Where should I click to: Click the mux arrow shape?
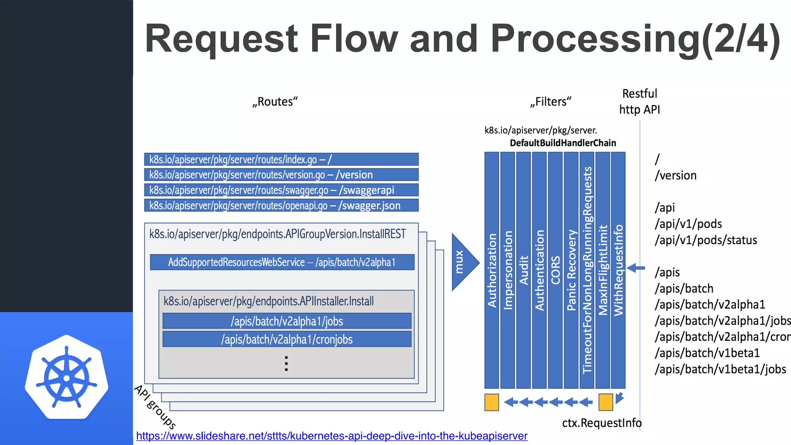(464, 262)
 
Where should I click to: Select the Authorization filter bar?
(492, 270)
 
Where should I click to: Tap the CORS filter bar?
(555, 270)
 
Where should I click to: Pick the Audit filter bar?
(523, 270)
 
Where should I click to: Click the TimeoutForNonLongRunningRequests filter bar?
(587, 270)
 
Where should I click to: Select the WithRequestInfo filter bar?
(618, 270)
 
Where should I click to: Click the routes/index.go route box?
(281, 160)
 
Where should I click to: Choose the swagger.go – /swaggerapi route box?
(281, 190)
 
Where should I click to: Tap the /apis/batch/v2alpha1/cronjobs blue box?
(287, 340)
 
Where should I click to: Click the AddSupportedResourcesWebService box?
(282, 262)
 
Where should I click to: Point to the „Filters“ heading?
(550, 102)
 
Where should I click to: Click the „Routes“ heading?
(275, 102)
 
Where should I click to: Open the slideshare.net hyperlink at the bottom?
(331, 436)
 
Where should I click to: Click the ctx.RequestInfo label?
(601, 423)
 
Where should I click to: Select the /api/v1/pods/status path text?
(706, 240)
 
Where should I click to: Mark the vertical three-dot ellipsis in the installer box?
(286, 363)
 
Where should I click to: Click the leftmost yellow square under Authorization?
(492, 402)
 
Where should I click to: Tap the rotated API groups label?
(155, 407)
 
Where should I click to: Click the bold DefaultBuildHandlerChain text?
(563, 143)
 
